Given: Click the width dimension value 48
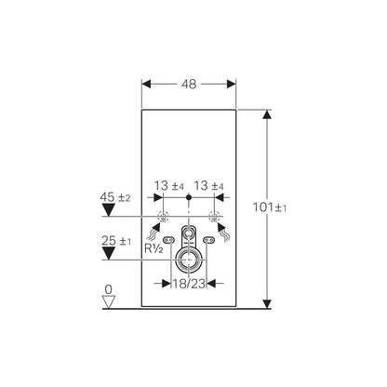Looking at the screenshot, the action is [x=189, y=84].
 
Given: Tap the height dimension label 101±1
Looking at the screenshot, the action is [x=270, y=207].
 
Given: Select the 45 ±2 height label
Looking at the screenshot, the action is [x=115, y=197].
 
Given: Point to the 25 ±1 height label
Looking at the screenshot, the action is [x=116, y=241].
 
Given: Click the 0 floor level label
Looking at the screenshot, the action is [x=108, y=289].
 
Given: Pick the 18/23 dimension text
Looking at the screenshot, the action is [x=189, y=283].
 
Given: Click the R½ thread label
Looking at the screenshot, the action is [x=153, y=248].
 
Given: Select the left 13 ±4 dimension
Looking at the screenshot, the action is [x=169, y=186].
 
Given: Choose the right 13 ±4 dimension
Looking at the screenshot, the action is [x=208, y=186].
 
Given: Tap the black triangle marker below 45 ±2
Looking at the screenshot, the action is [x=109, y=210].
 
